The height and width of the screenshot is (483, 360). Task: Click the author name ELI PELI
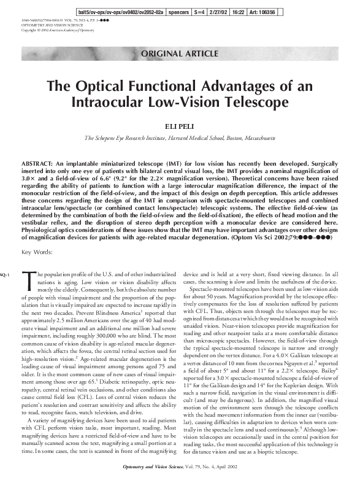[x=180, y=126]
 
